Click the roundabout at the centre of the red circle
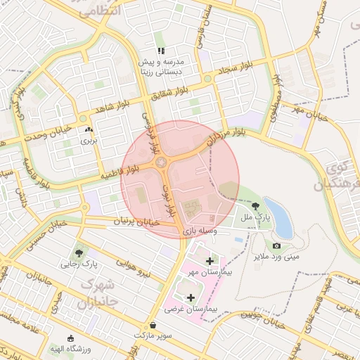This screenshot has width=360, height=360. (164, 163)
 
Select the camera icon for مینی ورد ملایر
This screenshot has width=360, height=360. (276, 245)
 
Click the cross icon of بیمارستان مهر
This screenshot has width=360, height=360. (210, 260)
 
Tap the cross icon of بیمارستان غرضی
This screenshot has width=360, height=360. (191, 297)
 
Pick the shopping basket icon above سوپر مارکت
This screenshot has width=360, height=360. (153, 325)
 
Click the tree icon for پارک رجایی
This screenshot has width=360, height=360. (78, 252)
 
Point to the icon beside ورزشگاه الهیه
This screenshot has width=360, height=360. (70, 339)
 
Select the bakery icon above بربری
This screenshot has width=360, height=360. (89, 129)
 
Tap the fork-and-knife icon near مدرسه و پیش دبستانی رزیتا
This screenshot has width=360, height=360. (161, 51)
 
